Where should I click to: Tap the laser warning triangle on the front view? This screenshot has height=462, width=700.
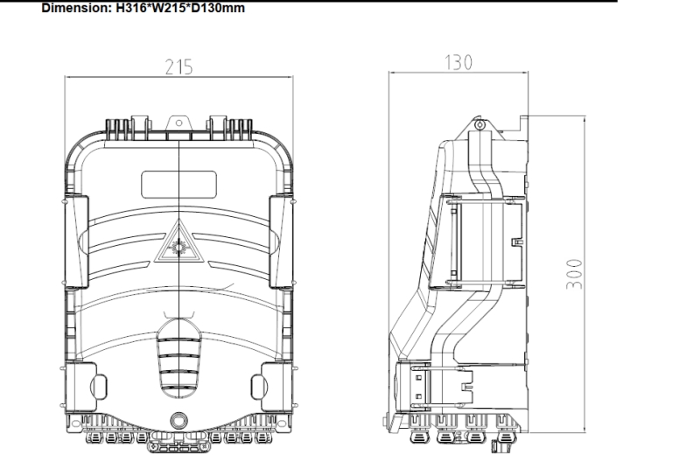[x=178, y=244]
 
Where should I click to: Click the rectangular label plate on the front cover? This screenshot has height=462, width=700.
[x=178, y=184]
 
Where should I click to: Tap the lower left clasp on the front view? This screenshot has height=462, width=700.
[x=80, y=385]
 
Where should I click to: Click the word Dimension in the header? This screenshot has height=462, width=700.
[x=38, y=9]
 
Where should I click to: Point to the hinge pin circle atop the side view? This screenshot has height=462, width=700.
[x=479, y=126]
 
